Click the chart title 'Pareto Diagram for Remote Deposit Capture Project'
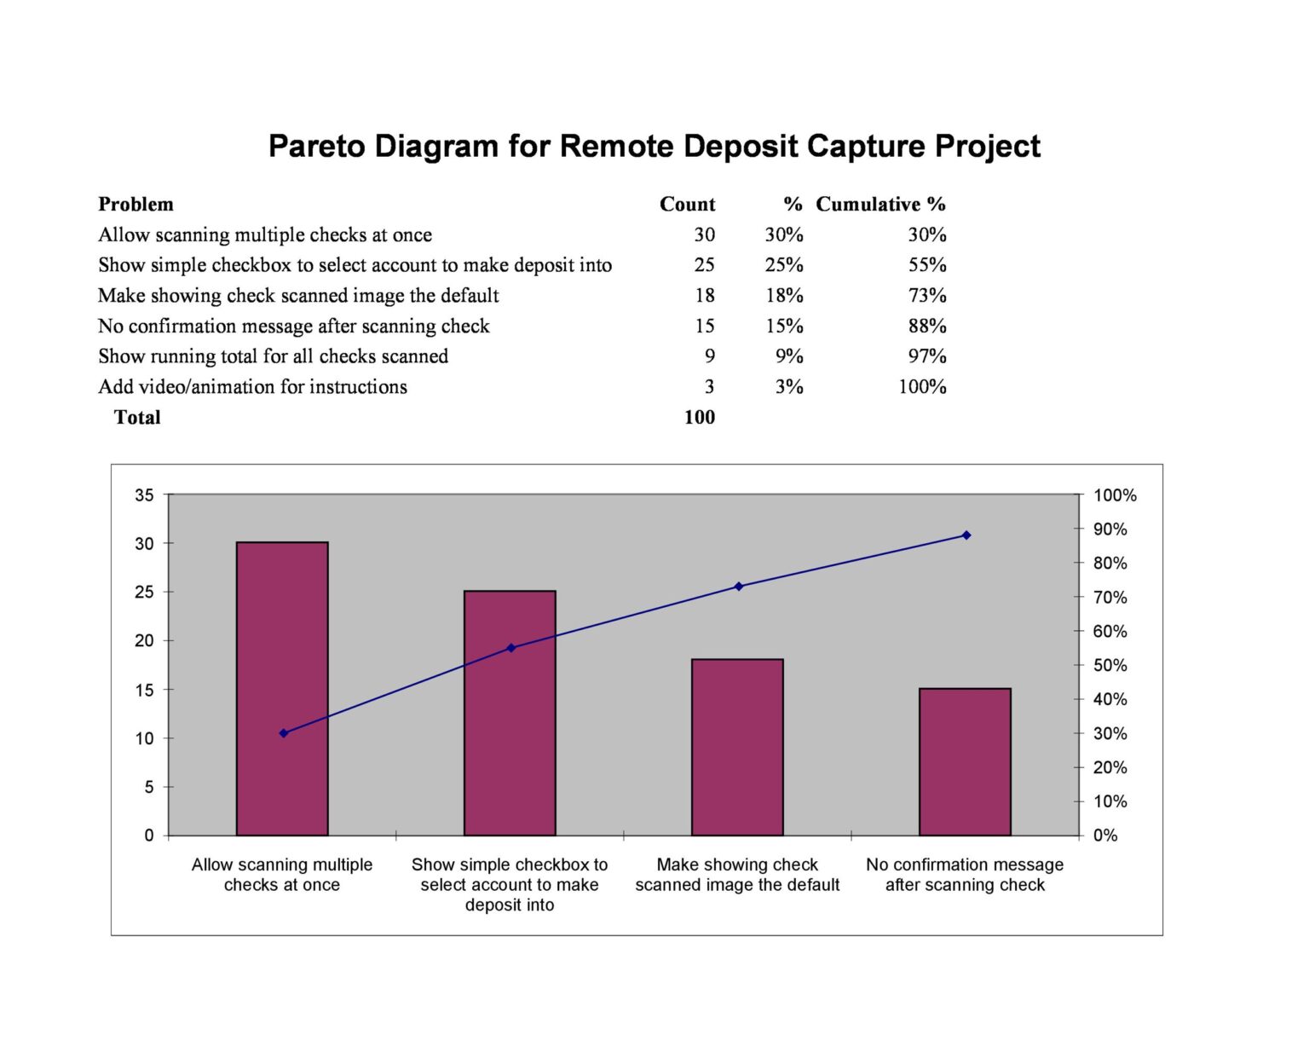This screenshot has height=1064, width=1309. [654, 146]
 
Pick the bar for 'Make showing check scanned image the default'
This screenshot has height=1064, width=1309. [737, 747]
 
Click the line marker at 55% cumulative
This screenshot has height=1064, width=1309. [511, 648]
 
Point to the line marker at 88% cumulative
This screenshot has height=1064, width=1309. [966, 535]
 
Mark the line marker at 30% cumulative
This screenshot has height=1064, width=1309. [284, 733]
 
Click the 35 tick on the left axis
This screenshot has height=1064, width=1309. [144, 495]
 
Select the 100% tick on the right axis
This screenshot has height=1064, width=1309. [1115, 495]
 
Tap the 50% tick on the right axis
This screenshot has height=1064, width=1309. [1110, 665]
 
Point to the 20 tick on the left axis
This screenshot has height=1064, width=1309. [144, 641]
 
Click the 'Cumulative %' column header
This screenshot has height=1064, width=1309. [880, 205]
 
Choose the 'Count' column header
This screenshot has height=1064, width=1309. [687, 205]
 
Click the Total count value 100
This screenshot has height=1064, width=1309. [699, 417]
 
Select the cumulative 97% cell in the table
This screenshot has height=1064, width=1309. [927, 356]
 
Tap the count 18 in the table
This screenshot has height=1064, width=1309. [704, 296]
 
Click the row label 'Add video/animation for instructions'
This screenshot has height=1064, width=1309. [252, 387]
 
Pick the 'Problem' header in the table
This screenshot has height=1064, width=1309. [136, 205]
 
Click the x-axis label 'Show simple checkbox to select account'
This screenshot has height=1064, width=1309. [510, 885]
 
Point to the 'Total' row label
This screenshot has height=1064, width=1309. [137, 417]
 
